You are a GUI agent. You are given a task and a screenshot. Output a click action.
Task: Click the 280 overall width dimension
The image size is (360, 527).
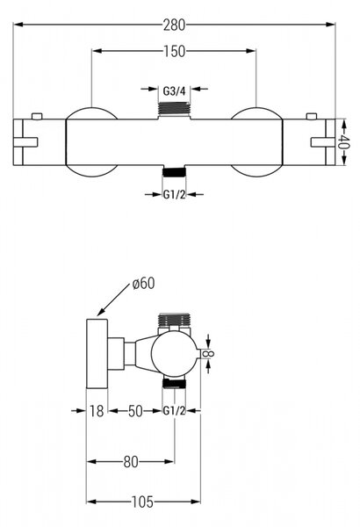(x=174, y=25)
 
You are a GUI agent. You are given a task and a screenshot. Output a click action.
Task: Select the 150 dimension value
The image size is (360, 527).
(x=174, y=51)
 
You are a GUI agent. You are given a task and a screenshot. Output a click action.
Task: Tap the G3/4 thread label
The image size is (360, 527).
(x=174, y=90)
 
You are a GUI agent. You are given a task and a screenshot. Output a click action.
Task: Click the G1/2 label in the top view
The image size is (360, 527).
(x=174, y=194)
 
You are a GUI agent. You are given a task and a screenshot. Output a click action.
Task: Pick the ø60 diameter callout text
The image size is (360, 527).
(x=144, y=284)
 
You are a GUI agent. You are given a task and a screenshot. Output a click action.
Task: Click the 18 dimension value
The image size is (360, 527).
(x=97, y=411)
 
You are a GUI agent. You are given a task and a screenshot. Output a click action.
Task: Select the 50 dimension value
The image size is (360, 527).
(x=135, y=411)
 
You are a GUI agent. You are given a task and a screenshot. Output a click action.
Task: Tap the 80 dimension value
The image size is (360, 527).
(x=131, y=462)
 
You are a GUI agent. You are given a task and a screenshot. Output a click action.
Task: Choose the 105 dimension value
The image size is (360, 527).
(x=142, y=502)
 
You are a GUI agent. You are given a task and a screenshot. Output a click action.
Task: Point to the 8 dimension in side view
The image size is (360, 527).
(x=210, y=354)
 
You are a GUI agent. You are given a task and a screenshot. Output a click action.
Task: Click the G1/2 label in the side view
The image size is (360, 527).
(x=174, y=411)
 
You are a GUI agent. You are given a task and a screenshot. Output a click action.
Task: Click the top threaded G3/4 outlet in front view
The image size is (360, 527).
(x=174, y=108)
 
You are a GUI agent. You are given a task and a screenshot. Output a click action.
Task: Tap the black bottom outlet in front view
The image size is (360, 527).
(x=174, y=172)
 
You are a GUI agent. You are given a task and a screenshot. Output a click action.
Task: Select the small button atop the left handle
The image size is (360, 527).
(x=37, y=116)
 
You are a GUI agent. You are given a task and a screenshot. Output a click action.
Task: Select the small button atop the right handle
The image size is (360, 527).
(x=312, y=116)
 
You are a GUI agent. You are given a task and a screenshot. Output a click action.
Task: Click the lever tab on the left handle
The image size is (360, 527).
(x=25, y=142)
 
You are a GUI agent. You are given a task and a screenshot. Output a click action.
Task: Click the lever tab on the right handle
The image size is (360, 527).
(x=323, y=142)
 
